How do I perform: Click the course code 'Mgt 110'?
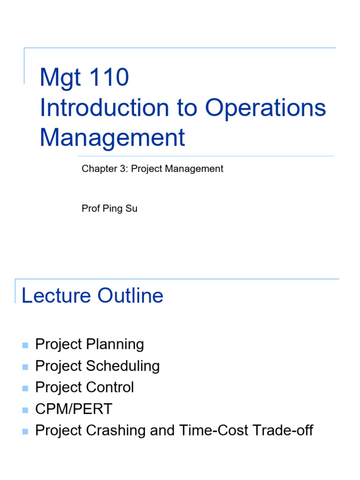click(x=84, y=77)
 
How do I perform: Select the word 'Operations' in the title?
click(x=265, y=108)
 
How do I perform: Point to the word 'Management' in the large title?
click(x=112, y=138)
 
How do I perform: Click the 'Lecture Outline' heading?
click(x=92, y=296)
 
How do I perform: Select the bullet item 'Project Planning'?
click(x=90, y=345)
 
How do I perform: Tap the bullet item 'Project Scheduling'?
click(x=97, y=366)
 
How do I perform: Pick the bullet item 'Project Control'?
click(x=84, y=388)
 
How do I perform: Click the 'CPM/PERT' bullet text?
click(x=74, y=409)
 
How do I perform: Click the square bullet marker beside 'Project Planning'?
click(x=25, y=345)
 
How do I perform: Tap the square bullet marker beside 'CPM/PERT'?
click(x=25, y=410)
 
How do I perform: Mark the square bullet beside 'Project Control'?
click(x=25, y=389)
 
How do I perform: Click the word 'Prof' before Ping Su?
click(x=90, y=209)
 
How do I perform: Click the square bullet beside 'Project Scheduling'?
click(x=25, y=367)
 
